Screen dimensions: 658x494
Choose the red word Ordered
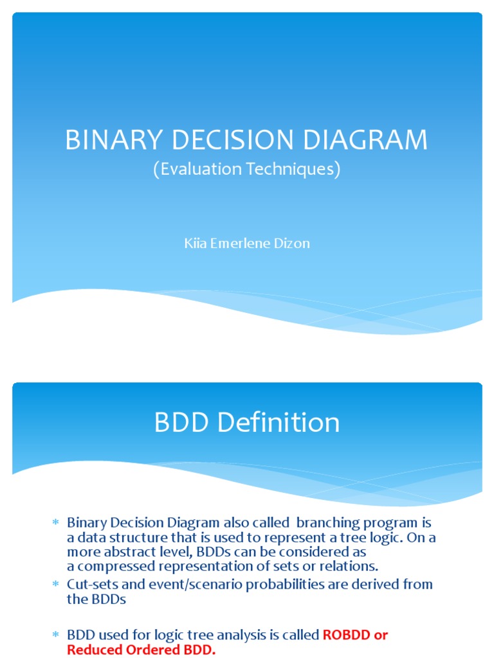coord(147,650)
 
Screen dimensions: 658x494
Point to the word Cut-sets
coord(90,584)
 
